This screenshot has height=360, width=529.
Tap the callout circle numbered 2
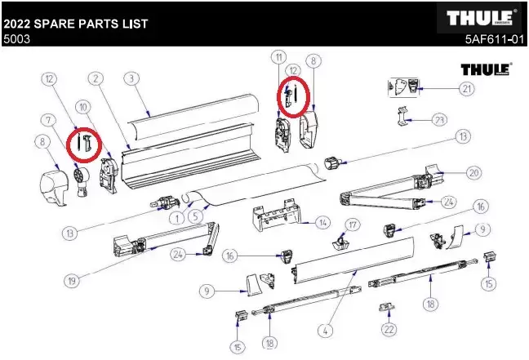tap(96, 78)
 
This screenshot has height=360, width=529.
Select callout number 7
tap(50, 120)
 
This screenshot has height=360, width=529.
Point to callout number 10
tap(82, 107)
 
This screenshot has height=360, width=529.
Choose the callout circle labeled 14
tap(323, 222)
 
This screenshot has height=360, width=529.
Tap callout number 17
tap(353, 224)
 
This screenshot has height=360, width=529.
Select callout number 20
tap(473, 172)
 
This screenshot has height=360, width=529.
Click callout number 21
tap(466, 88)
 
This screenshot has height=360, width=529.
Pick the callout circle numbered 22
tap(389, 330)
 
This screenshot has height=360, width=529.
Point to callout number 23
tap(440, 120)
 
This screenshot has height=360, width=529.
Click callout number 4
tap(327, 331)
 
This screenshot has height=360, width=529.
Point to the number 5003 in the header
tap(16, 38)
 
